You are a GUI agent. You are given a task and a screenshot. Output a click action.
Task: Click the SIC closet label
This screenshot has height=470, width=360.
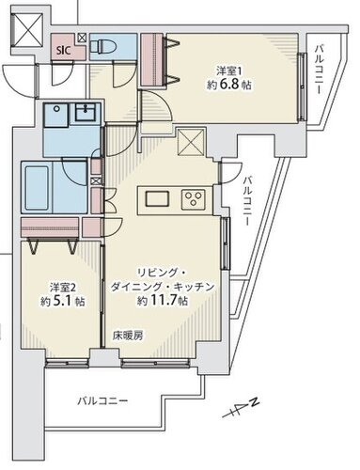coord(64,51)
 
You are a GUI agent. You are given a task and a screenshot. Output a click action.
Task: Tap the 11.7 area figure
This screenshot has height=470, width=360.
coord(164,301)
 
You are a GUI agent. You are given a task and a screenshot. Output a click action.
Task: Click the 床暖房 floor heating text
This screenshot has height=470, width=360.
coord(128,336)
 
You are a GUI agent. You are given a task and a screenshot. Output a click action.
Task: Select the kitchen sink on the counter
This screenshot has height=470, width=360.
coord(157,198)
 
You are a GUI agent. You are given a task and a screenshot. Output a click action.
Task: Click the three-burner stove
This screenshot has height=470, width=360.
coord(193,199)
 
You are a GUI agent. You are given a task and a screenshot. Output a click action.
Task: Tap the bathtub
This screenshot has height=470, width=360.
coord(37,188)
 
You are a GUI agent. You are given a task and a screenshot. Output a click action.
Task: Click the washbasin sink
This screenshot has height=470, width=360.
coord(86,113)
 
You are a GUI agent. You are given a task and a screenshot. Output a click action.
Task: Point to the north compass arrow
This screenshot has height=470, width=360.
coord(241,408)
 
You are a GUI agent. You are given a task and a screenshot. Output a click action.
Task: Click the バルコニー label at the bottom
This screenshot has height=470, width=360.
coord(102,400)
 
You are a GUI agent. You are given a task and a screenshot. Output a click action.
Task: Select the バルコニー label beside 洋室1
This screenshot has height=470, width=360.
coord(320,70)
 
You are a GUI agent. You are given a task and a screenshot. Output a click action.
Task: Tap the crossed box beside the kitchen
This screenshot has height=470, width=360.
coord(191,143)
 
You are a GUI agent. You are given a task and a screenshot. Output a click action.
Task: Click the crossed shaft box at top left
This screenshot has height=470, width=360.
coord(26,30)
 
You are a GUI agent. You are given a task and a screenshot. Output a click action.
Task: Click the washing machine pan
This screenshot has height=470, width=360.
coord(56,115)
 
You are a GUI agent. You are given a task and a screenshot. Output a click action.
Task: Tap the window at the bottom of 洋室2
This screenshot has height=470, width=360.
coord(67,363)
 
